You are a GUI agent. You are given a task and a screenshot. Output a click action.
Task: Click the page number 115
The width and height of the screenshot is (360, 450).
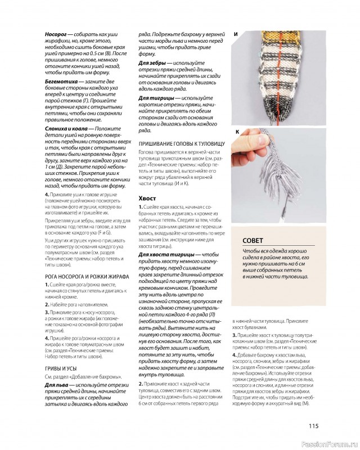[x=313, y=425]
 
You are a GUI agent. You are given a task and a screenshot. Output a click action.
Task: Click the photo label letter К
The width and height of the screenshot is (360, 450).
[x=237, y=132]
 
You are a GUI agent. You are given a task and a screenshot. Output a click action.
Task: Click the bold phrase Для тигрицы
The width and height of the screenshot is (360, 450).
[x=156, y=98]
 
